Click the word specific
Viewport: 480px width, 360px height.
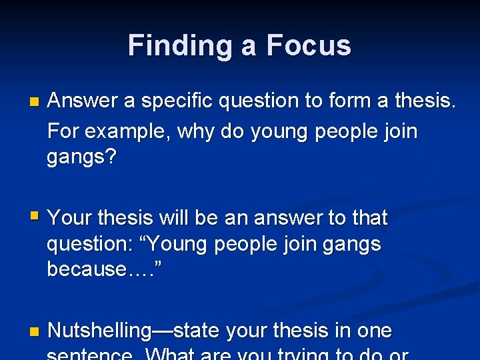175,101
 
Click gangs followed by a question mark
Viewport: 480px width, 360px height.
81,158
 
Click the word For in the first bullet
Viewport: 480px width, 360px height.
64,131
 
